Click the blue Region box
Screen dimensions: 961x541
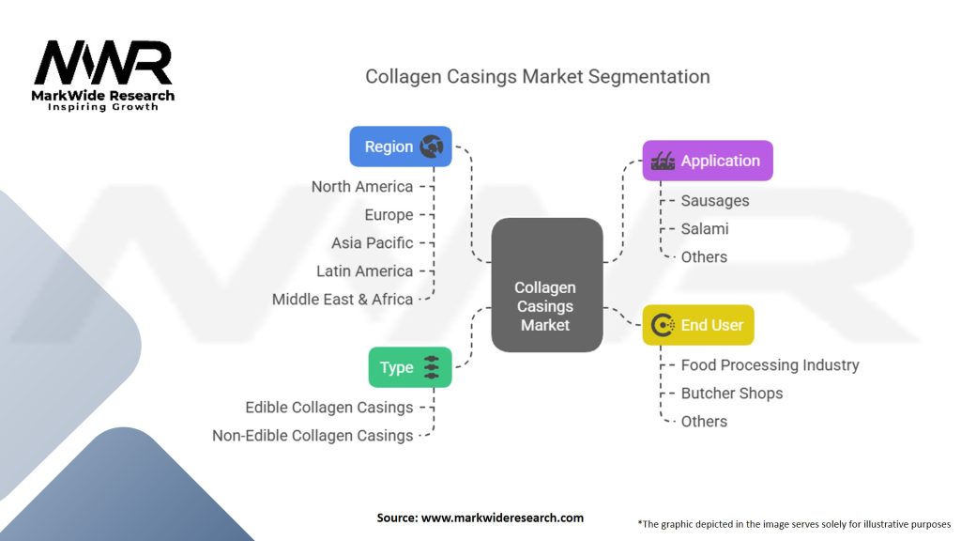coord(400,147)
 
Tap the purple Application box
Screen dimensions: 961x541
coord(708,161)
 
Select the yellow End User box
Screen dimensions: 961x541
coord(698,325)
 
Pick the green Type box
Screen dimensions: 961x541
coord(410,367)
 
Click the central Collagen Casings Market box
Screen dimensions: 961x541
coord(547,286)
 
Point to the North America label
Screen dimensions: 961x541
coord(362,187)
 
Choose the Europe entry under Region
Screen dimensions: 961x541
coord(389,215)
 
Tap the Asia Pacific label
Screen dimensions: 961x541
coord(372,243)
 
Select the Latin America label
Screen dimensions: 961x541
coord(365,271)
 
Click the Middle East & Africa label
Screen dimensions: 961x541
coord(343,300)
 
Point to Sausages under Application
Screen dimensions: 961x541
coord(715,201)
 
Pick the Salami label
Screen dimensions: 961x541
coord(705,229)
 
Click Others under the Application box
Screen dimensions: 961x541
coord(704,257)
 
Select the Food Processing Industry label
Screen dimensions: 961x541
coord(770,365)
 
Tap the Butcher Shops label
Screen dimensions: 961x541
coord(732,394)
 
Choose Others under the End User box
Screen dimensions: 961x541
coord(704,422)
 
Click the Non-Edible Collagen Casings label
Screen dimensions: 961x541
coord(313,436)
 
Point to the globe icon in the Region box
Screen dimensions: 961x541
coord(432,147)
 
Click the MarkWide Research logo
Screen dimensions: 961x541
coord(103,75)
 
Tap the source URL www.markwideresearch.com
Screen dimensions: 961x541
coord(503,518)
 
